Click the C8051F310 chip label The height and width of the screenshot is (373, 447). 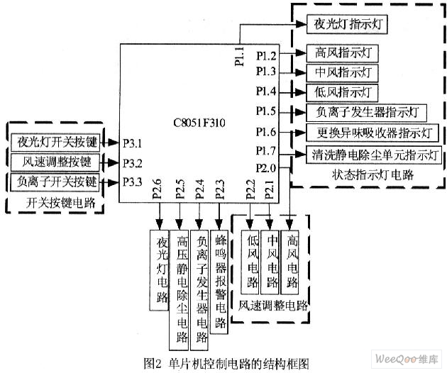pos(199,123)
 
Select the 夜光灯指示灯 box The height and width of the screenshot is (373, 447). pos(347,24)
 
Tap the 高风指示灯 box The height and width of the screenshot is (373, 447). pos(342,53)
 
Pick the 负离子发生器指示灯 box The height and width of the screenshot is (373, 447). pos(366,113)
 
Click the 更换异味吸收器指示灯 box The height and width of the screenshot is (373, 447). pos(372,133)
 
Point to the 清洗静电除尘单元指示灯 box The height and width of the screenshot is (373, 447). pos(374,155)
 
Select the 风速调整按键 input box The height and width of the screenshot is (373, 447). pos(55,162)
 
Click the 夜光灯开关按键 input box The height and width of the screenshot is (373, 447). pos(55,142)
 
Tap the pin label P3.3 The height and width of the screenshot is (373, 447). pos(132,182)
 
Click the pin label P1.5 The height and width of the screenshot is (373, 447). pos(265,111)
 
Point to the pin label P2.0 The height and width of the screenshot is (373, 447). pos(265,168)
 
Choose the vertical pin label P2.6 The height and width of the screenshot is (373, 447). pos(157,189)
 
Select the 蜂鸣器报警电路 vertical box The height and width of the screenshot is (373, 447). pos(219,282)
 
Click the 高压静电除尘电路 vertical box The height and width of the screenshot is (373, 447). pos(179,290)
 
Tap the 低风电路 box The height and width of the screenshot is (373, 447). pos(250,262)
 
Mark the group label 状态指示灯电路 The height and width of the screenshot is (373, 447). pos(372,174)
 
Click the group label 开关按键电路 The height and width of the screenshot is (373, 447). pos(60,203)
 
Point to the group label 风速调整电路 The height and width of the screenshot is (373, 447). pos(273,306)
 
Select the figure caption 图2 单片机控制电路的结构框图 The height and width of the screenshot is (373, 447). pos(226,363)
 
